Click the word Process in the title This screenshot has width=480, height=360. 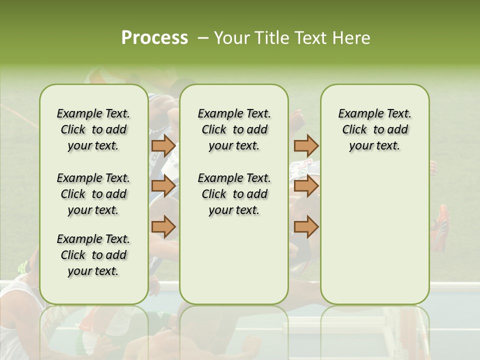click(154, 38)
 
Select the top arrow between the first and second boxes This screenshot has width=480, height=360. click(163, 146)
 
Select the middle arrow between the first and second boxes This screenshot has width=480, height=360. click(163, 186)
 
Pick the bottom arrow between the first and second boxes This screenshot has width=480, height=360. click(163, 226)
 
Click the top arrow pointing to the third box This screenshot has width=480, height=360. click(306, 146)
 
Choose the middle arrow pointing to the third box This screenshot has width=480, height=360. click(306, 186)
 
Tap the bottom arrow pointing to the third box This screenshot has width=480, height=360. click(306, 226)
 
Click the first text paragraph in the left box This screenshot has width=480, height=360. click(93, 129)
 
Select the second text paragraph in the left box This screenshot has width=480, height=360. click(93, 194)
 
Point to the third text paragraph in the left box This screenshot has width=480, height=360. click(93, 255)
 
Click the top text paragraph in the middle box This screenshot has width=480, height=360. click(234, 129)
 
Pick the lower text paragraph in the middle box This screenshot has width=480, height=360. click(234, 194)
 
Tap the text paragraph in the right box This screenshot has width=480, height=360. click(374, 129)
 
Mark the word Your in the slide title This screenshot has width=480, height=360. click(229, 38)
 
